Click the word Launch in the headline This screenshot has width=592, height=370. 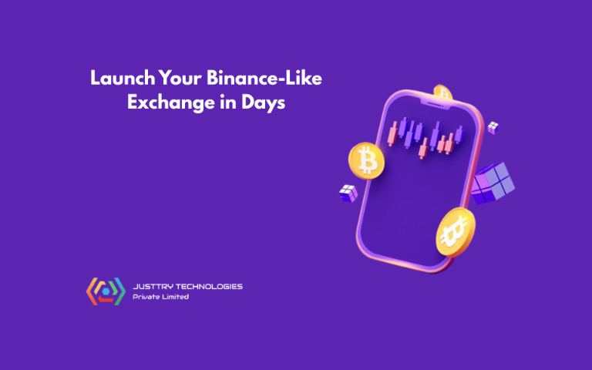[x=123, y=78]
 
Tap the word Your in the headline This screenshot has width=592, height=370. [x=180, y=78]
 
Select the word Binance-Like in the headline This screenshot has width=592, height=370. [x=264, y=78]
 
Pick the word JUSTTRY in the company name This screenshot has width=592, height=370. [x=153, y=287]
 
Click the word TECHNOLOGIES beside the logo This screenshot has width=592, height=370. [x=209, y=287]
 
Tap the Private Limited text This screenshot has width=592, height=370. [x=160, y=297]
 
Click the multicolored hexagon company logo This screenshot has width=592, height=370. [x=106, y=291]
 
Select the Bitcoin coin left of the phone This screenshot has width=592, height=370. [x=366, y=160]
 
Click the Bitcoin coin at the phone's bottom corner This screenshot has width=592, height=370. [x=456, y=232]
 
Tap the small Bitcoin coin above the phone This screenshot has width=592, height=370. [x=443, y=92]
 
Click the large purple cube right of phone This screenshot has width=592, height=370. [x=493, y=183]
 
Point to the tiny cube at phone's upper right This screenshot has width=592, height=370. [x=493, y=127]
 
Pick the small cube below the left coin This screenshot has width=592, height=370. [x=348, y=193]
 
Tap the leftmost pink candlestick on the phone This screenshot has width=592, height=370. [x=392, y=133]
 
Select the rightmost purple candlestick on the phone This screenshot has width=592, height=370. [x=459, y=134]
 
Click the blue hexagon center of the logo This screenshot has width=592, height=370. [x=106, y=291]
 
